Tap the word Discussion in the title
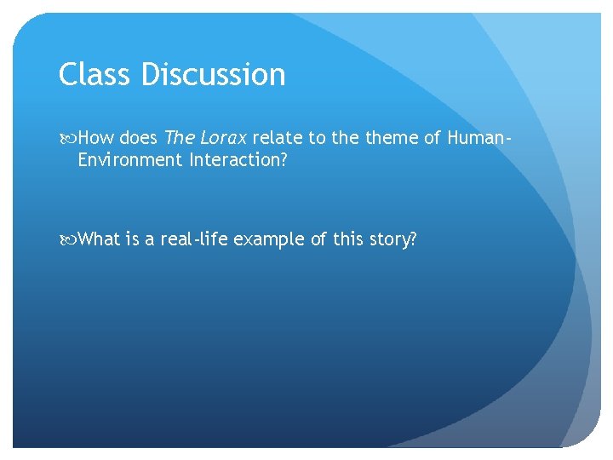(x=213, y=75)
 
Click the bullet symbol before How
(x=69, y=138)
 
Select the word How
(x=96, y=138)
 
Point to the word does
(x=139, y=138)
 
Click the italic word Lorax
(x=222, y=138)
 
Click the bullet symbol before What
(x=69, y=239)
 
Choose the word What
(x=100, y=239)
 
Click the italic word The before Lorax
(x=180, y=138)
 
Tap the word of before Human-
(x=431, y=138)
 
